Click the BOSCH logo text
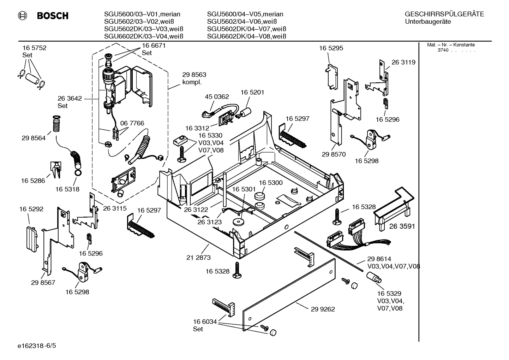pyautogui.click(x=53, y=16)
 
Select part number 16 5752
pyautogui.click(x=34, y=48)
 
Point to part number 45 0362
pyautogui.click(x=217, y=96)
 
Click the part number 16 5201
pyautogui.click(x=252, y=92)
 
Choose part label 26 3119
pyautogui.click(x=403, y=62)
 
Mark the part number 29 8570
pyautogui.click(x=334, y=154)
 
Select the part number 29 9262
pyautogui.click(x=323, y=309)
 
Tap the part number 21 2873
pyautogui.click(x=198, y=258)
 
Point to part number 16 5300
pyautogui.click(x=271, y=183)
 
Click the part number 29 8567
pyautogui.click(x=43, y=283)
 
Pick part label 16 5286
pyautogui.click(x=33, y=181)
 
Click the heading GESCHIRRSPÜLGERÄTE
pyautogui.click(x=444, y=14)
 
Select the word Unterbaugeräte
pyautogui.click(x=428, y=22)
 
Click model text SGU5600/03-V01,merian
pyautogui.click(x=142, y=14)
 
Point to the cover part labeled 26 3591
pyautogui.click(x=392, y=208)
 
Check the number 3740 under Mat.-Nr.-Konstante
pyautogui.click(x=443, y=50)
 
